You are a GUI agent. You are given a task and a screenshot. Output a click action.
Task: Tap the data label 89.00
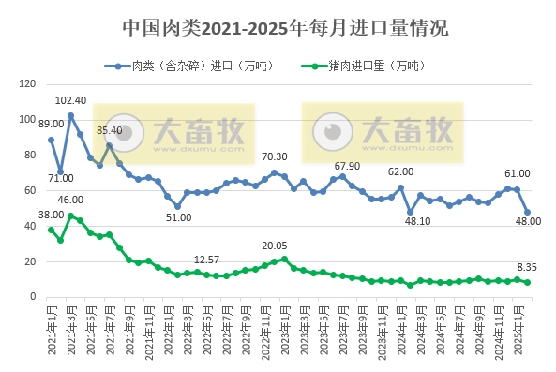pos(52,124)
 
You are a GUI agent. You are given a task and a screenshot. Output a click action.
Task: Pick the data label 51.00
pos(179,217)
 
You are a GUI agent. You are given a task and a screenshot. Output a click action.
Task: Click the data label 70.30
pos(274,156)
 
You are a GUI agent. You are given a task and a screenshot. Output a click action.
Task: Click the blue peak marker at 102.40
pos(70,115)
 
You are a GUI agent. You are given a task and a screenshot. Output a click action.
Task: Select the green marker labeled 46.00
pos(70,216)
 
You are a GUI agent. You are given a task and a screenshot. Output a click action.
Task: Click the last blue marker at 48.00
pos(527,212)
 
